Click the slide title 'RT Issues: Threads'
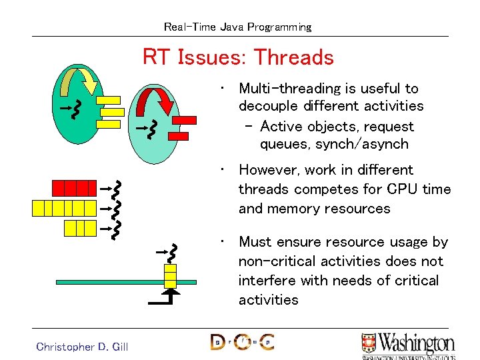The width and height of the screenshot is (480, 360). (x=238, y=57)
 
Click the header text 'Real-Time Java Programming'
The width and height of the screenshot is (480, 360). (x=238, y=27)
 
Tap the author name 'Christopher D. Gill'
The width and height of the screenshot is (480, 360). (x=82, y=346)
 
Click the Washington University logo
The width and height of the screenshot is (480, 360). (x=407, y=345)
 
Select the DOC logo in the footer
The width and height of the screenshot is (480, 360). (x=242, y=342)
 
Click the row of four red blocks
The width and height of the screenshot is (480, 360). (x=75, y=187)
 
